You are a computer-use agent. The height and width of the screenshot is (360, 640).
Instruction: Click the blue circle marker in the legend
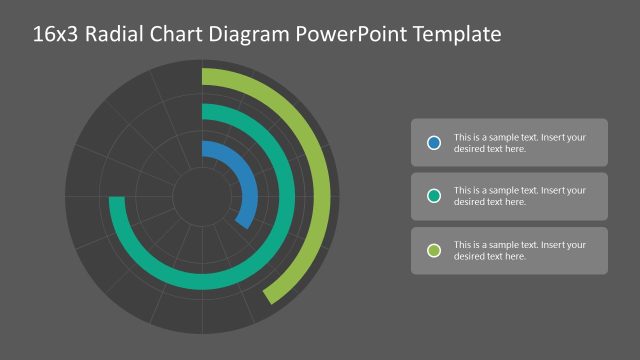click(x=434, y=143)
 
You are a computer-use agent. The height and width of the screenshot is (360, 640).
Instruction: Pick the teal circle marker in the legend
click(x=434, y=196)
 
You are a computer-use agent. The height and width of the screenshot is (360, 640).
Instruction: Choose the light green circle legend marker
click(x=434, y=250)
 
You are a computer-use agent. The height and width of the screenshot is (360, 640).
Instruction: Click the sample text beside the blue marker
click(x=519, y=143)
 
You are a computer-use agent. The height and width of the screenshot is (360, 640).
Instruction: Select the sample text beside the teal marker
click(x=519, y=196)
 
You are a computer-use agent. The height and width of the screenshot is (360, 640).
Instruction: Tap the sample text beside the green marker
click(x=519, y=250)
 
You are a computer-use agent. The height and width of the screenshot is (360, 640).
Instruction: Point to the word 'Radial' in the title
click(x=116, y=35)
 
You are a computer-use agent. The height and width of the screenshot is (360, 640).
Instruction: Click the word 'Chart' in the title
click(x=179, y=35)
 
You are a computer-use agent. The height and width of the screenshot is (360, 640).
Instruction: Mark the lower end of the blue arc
click(x=243, y=222)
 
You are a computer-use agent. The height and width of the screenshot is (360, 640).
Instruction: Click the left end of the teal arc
click(x=117, y=201)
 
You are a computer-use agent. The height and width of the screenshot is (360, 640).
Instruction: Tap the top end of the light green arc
click(x=206, y=76)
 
